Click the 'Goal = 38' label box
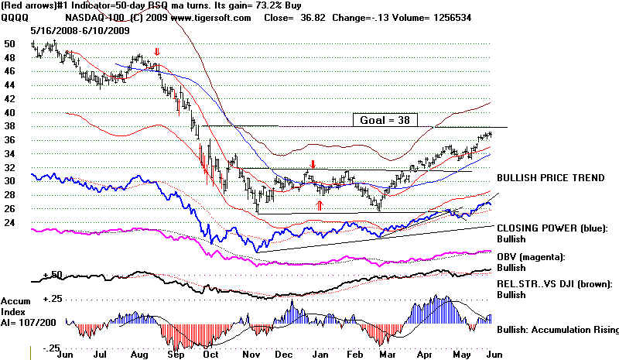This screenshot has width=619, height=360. [385, 119]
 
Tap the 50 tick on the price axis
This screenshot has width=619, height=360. [9, 44]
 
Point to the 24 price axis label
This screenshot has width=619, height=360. [9, 223]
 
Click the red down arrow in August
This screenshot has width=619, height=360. [157, 53]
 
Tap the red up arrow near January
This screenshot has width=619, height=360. [319, 204]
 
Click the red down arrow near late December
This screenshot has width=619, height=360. [312, 165]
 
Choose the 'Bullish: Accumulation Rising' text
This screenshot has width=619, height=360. [554, 330]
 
